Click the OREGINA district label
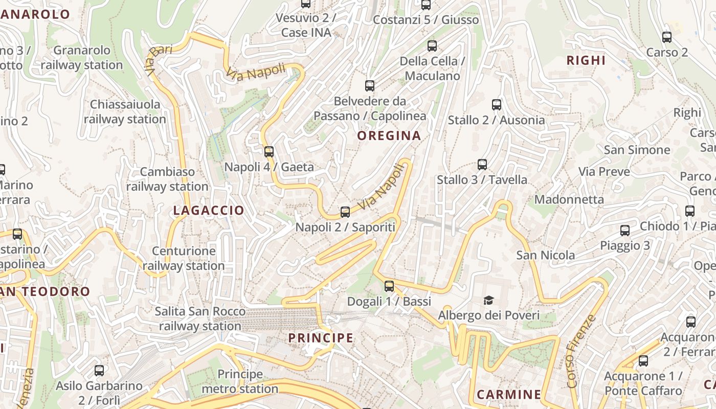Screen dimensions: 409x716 click(389, 135)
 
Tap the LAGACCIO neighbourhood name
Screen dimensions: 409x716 click(209, 210)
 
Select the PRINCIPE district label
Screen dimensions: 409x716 click(321, 337)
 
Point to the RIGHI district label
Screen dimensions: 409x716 click(586, 60)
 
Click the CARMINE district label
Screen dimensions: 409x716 click(508, 394)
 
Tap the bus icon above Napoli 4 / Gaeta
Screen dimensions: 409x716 click(269, 151)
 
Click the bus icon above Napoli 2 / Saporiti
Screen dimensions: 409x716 click(345, 212)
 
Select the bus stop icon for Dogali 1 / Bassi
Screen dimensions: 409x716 click(389, 286)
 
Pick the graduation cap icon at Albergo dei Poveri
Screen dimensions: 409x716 click(489, 300)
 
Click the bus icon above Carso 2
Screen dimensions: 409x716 click(667, 37)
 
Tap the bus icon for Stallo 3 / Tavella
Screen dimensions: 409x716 click(482, 164)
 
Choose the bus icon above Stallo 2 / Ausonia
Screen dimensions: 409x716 click(496, 104)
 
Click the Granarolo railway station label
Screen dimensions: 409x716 click(82, 58)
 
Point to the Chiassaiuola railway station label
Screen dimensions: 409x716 click(125, 111)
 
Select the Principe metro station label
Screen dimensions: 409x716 click(240, 381)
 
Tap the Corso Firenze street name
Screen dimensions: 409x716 click(581, 350)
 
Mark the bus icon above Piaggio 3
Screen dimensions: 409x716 click(625, 230)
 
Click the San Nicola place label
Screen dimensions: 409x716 click(545, 255)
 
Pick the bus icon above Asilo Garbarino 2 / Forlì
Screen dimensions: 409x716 click(99, 370)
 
